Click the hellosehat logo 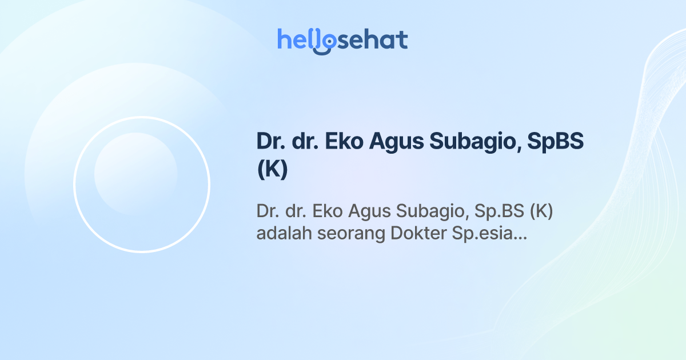342,41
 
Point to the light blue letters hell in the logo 296,39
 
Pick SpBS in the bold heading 554,142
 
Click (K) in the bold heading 272,170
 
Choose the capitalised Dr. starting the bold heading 270,142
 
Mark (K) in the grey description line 541,211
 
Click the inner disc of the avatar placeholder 135,174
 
